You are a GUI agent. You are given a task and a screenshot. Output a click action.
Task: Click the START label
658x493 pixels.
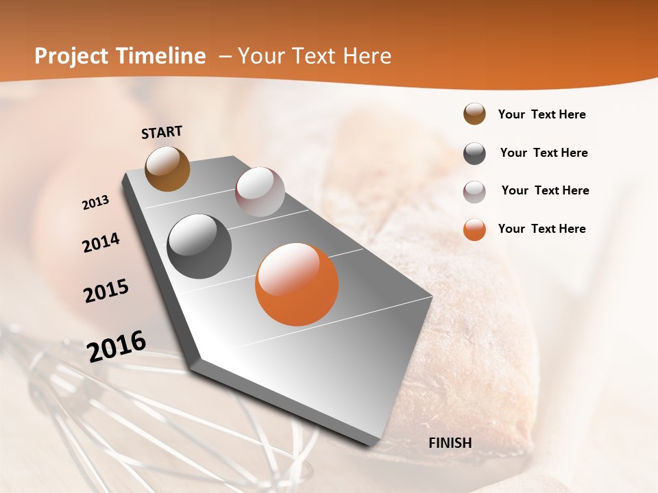point(162,132)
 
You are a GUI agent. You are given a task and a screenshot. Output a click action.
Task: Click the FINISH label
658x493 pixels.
point(450,442)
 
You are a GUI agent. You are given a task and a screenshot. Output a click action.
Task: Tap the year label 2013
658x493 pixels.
point(95,203)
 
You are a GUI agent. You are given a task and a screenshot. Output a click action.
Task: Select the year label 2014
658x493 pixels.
point(101,242)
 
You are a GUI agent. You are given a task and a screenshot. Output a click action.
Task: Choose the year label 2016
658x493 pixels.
point(117,346)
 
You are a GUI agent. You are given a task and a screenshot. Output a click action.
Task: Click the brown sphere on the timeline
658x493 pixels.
point(168,168)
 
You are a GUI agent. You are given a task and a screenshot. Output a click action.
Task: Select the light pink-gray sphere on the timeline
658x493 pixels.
point(260,192)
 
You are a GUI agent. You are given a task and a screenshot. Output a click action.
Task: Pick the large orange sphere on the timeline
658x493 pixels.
point(297,284)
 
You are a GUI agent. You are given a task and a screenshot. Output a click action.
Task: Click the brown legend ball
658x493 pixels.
point(474,114)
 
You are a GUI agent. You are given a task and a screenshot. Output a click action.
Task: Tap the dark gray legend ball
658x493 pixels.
point(474,153)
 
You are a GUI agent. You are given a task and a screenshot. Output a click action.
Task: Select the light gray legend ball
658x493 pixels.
point(474,192)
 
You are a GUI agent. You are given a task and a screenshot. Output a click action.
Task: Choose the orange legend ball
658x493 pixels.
point(474,229)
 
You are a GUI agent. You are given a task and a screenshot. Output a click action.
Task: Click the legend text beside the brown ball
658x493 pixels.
point(541,114)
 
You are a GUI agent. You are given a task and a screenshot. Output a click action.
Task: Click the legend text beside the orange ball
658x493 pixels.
point(541,229)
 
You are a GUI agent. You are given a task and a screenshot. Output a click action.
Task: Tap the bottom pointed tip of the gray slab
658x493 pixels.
point(195,362)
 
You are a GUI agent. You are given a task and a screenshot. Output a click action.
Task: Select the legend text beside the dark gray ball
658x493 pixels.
point(544,153)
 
